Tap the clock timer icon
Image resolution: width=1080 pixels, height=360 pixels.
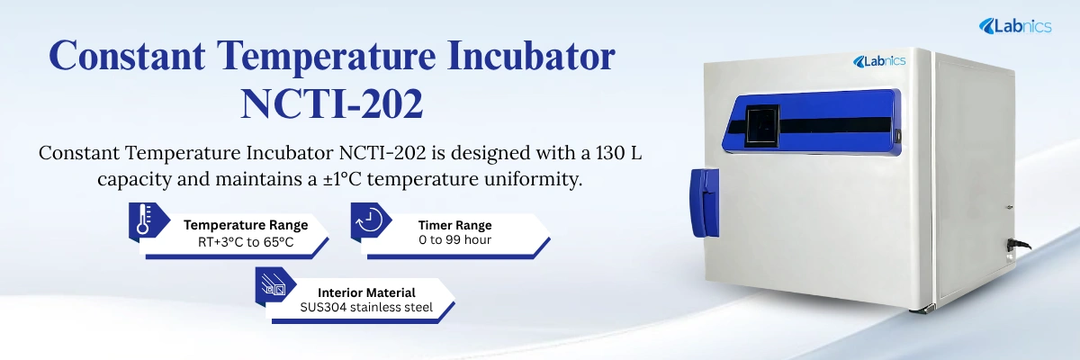coord(370,220)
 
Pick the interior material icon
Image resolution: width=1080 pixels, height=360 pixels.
coord(272,284)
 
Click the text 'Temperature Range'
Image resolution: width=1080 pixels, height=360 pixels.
coord(246,225)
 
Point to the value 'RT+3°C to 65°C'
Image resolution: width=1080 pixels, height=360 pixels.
coord(246,242)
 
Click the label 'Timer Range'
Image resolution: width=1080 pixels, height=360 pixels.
coord(454,225)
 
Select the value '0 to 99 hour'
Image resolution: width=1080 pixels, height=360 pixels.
coord(454,241)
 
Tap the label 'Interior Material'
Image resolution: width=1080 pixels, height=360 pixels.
coord(366,292)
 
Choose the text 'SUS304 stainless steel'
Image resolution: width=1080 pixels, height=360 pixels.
coord(366,308)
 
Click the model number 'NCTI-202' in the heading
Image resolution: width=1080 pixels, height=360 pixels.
coord(332,103)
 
